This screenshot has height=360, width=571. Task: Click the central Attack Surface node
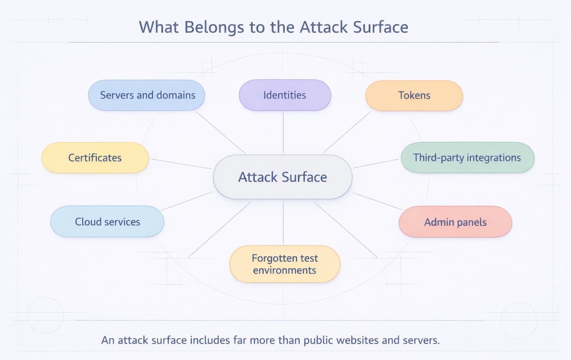point(283,177)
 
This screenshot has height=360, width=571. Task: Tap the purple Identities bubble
point(285,95)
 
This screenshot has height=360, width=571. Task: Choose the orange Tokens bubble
point(414,96)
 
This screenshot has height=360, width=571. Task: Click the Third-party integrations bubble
point(467,158)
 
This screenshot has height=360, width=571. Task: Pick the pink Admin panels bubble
point(455,222)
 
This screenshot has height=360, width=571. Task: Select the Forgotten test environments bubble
point(285,264)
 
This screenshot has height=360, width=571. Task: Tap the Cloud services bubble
point(107,222)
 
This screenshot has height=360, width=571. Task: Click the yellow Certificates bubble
point(95,158)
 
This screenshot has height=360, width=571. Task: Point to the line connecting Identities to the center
point(283,132)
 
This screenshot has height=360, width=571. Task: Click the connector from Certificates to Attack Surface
point(181,164)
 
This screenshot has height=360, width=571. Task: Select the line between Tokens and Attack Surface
point(347,132)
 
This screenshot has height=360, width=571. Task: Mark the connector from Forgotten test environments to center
point(283,223)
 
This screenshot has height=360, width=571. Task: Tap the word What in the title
point(159,27)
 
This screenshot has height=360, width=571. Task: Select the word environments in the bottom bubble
point(285,270)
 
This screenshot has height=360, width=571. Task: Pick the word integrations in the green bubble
point(494,158)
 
